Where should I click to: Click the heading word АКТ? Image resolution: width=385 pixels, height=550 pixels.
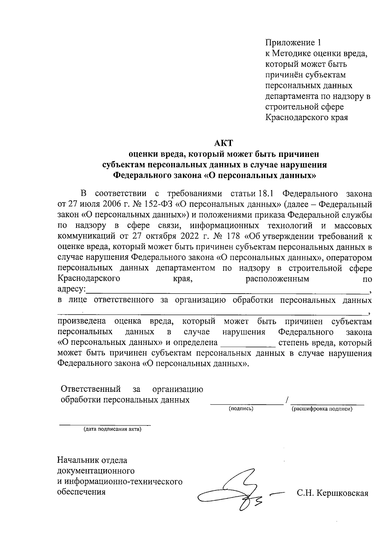coord(223,143)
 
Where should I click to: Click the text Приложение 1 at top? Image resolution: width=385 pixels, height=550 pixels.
coord(293,43)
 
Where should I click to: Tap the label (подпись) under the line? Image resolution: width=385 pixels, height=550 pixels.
coord(241,409)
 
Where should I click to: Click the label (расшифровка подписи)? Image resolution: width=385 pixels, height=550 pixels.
coord(322,409)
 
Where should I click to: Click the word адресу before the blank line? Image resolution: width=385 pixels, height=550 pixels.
coord(71,289)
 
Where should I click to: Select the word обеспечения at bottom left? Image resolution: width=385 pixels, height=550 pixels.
coord(81,492)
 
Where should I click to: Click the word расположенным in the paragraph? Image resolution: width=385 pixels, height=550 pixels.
coord(277,279)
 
